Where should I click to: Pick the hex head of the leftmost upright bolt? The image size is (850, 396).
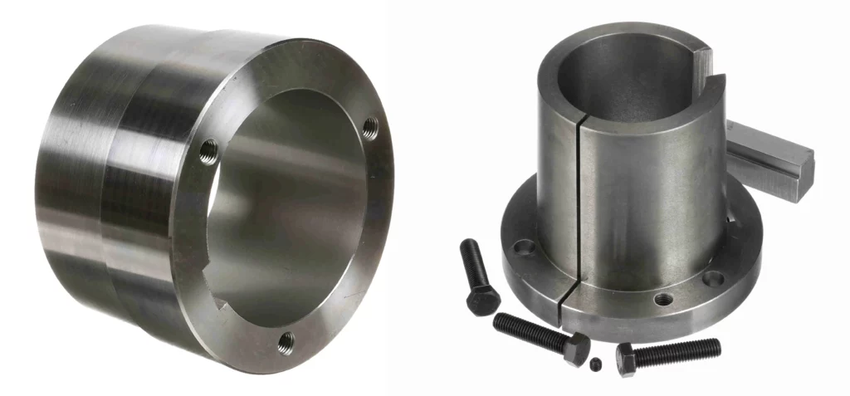[482, 300]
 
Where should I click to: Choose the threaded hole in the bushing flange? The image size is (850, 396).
[662, 298]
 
